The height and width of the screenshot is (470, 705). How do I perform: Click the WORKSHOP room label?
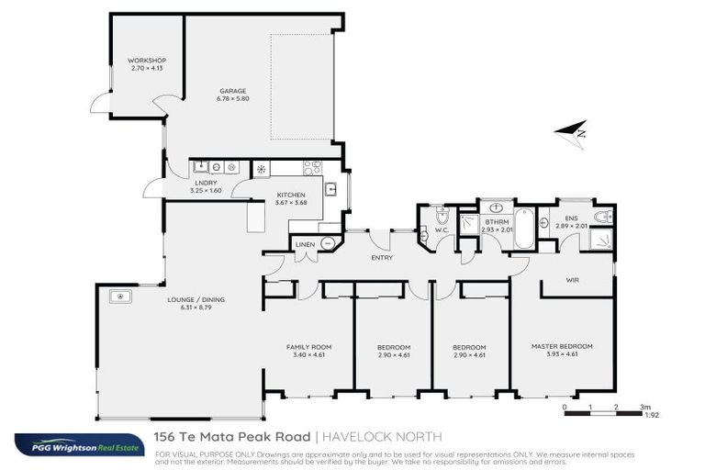coord(147,61)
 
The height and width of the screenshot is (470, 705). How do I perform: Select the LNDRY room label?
coord(206,184)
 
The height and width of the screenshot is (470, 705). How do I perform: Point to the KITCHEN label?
coord(291,196)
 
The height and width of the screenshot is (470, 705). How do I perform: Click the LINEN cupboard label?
coord(305,245)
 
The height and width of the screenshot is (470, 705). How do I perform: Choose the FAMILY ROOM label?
coord(308,347)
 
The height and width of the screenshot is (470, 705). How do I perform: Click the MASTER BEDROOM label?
coord(562,346)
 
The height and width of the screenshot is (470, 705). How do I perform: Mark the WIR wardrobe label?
coord(572,280)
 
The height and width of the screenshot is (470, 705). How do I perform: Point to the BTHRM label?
coord(497,221)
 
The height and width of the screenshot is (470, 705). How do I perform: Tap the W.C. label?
coord(441,229)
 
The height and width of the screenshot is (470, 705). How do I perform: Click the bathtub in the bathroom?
coord(523,229)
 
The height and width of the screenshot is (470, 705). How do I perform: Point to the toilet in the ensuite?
coord(603,218)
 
